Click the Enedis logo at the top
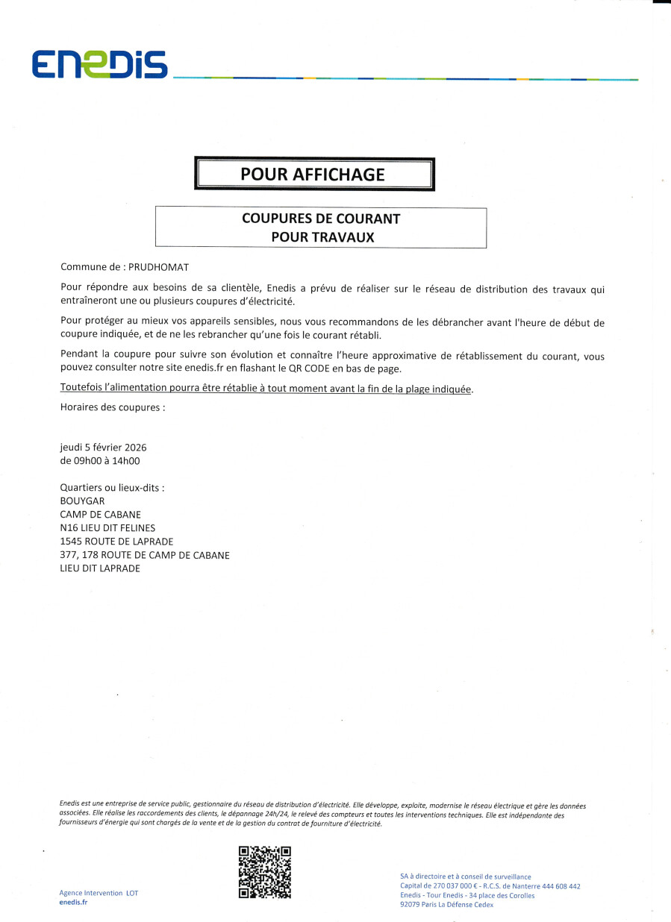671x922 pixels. (x=99, y=65)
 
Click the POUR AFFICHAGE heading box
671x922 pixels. (x=313, y=175)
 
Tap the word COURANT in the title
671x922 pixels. (x=371, y=219)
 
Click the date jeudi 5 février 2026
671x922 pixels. (x=103, y=448)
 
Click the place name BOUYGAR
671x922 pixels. (x=81, y=501)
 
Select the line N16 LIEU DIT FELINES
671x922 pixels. (x=107, y=528)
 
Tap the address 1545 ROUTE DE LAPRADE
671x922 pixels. (x=116, y=542)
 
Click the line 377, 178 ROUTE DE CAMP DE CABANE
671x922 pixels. (x=145, y=555)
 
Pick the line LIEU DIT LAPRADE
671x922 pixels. (x=100, y=568)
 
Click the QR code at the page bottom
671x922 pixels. (x=264, y=872)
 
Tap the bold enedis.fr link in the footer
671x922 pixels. (x=73, y=902)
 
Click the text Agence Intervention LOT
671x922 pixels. (x=99, y=893)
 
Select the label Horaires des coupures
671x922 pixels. (x=112, y=408)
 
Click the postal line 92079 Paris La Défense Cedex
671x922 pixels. (x=446, y=905)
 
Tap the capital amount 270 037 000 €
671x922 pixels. (x=452, y=886)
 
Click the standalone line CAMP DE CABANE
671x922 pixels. (x=100, y=515)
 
